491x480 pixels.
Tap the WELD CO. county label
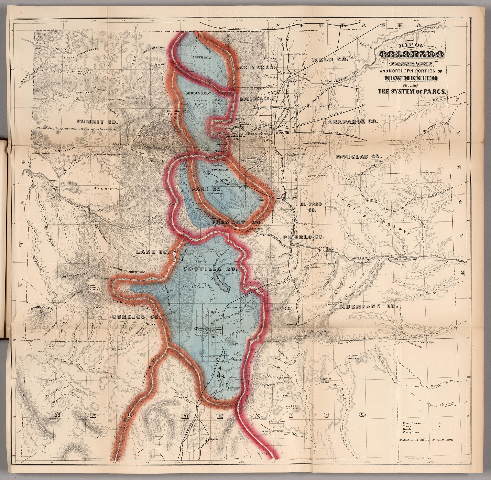pos(329,59)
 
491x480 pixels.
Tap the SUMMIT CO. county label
pos(97,122)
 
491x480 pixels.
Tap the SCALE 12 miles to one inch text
pos(426,440)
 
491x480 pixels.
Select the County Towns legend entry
pos(412,423)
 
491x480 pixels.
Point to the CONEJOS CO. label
pos(136,317)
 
